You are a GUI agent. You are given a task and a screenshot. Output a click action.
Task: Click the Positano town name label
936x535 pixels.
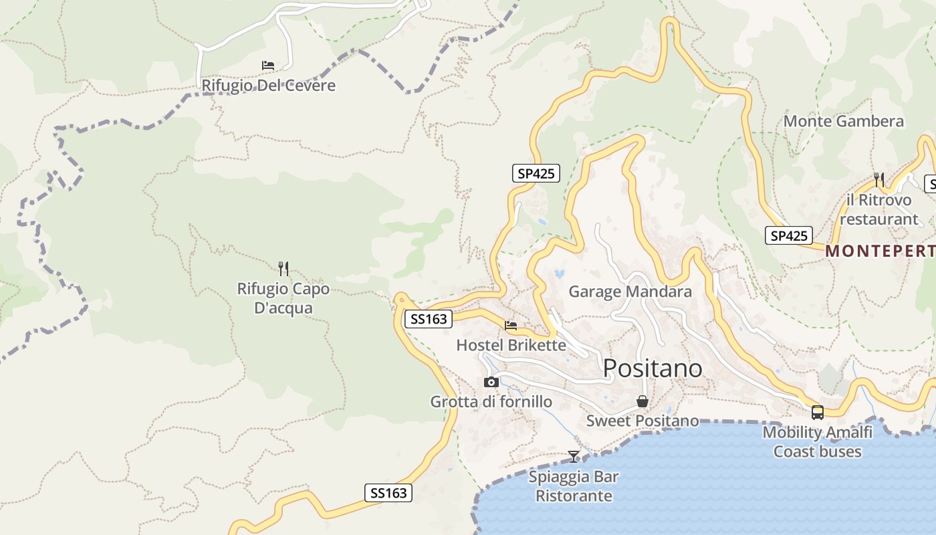(653, 368)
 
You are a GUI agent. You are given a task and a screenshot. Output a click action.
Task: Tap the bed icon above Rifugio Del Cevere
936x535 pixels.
(268, 66)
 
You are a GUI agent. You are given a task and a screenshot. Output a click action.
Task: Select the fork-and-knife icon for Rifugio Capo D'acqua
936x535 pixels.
(283, 269)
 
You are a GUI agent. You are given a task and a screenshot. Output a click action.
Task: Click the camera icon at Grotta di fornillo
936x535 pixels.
(491, 382)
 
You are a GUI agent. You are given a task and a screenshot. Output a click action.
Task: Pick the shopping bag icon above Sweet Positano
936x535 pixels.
(642, 401)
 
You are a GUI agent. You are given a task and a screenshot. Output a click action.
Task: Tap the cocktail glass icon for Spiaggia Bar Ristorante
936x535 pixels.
(574, 457)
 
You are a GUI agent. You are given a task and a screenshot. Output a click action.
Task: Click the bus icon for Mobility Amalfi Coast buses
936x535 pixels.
(817, 413)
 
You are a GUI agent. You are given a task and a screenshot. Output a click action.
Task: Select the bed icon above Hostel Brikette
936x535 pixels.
(511, 326)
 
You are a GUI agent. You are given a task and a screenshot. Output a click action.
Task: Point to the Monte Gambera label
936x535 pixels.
(843, 121)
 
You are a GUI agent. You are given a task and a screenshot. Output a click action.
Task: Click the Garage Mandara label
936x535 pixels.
(630, 292)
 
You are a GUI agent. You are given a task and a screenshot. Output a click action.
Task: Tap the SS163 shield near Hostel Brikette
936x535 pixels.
(429, 319)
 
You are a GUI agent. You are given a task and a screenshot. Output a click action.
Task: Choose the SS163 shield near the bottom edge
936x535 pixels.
(388, 493)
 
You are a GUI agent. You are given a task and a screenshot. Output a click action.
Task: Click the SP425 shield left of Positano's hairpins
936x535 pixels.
(536, 173)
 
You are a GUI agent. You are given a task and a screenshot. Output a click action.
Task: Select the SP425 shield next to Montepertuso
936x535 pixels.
(789, 235)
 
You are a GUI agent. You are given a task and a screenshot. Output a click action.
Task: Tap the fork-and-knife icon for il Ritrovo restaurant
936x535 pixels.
(879, 179)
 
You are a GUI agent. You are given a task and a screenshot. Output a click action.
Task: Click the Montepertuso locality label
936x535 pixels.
(880, 251)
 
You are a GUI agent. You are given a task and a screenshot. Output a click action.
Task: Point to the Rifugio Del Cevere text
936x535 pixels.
(269, 86)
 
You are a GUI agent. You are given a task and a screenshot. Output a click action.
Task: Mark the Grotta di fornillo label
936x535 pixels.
(491, 402)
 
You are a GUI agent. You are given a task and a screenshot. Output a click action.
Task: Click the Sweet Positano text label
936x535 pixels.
(642, 421)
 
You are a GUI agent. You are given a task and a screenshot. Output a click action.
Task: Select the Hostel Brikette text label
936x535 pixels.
(511, 345)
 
